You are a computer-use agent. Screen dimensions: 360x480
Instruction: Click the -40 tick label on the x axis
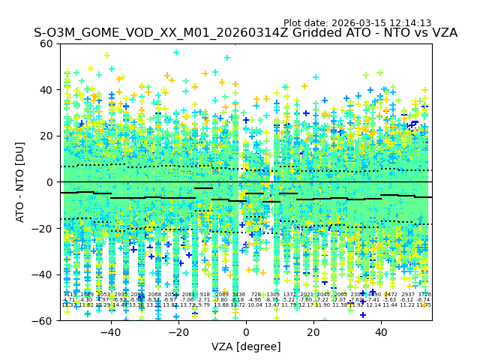(110, 332)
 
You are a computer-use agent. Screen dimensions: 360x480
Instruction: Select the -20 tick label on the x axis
(178, 332)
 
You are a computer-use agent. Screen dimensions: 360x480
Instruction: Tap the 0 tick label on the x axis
(246, 332)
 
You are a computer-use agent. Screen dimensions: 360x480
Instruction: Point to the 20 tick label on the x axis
(313, 332)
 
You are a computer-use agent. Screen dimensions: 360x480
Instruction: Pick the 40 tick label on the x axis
(381, 332)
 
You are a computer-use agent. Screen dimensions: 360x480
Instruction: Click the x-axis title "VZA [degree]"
(246, 346)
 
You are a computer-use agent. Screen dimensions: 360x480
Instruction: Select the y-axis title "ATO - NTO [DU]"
(21, 182)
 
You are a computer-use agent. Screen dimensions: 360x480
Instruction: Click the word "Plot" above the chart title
(294, 23)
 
